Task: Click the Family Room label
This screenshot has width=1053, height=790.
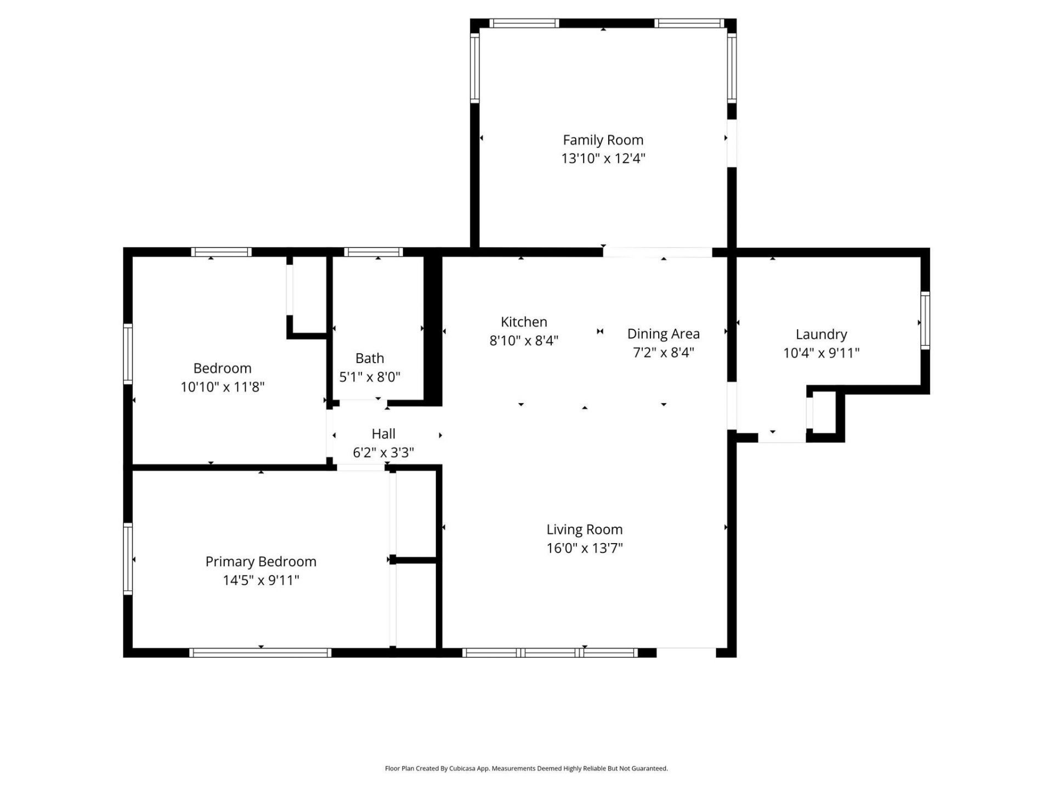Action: point(603,140)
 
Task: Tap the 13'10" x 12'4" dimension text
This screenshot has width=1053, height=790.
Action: point(603,159)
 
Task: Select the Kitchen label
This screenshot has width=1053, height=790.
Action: point(524,321)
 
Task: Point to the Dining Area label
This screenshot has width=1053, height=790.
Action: point(663,334)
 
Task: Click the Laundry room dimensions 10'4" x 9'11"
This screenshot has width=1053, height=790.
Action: point(821,353)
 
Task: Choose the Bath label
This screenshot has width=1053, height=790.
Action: point(369,358)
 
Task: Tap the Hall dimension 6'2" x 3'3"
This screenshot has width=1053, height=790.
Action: point(383,453)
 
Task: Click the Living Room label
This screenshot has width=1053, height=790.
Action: point(584,529)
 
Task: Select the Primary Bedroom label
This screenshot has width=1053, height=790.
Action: point(261,561)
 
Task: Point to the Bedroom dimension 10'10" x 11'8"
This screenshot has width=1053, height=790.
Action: point(222,387)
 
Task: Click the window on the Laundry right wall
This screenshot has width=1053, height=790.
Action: point(925,320)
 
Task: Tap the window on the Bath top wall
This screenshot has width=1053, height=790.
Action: point(373,252)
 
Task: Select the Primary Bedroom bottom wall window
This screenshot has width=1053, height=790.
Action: point(261,652)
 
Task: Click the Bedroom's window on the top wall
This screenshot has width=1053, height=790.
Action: point(221,252)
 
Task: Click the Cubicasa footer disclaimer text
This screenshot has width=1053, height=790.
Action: point(526,769)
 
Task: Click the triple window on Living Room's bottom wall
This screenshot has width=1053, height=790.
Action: point(550,652)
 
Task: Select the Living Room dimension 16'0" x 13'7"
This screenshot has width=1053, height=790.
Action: point(584,548)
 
